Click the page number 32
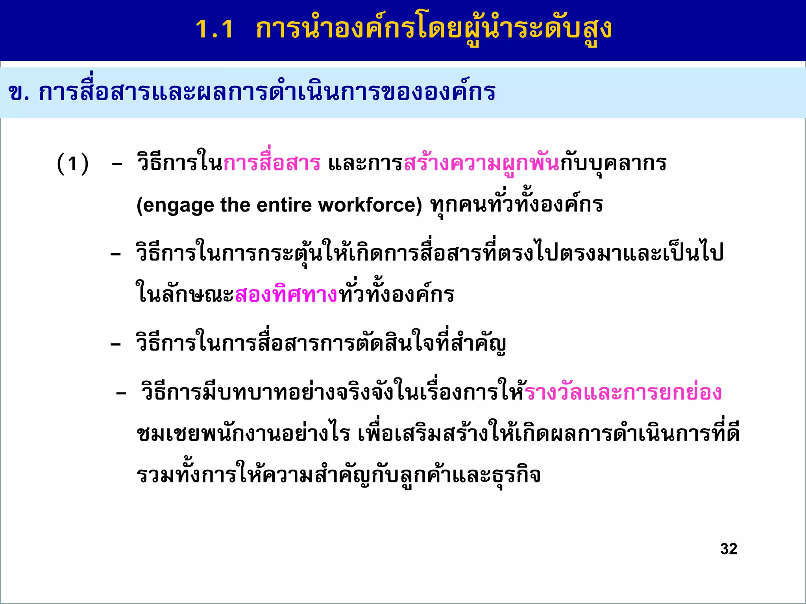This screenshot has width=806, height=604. pos(728,549)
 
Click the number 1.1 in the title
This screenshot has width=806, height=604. pos(214,29)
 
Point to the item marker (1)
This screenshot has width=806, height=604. pos(73,164)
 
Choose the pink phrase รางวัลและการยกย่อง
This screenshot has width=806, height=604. pos(623,393)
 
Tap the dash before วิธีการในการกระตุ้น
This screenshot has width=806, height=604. pos(116,255)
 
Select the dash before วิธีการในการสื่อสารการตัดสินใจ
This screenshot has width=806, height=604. pos(116,345)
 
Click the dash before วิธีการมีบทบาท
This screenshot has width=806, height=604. pos(121,394)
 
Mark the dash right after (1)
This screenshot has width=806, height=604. pos(117,164)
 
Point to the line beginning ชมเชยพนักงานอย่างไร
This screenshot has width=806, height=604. pos(438,434)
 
